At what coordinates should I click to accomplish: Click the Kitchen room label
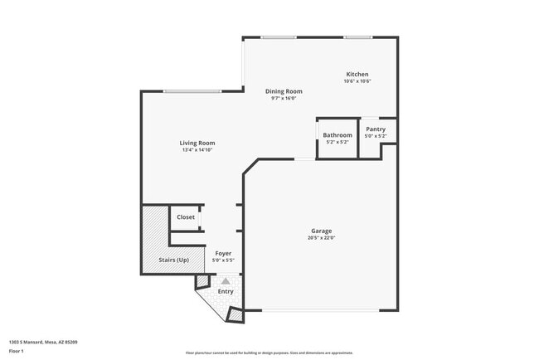357,74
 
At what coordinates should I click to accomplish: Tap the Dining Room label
284,91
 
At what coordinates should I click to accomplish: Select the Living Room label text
197,143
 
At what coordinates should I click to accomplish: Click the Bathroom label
337,135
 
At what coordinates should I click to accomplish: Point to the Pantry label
376,129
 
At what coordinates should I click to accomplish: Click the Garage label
323,231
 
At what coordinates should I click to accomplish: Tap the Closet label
186,217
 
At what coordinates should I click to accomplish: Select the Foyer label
223,253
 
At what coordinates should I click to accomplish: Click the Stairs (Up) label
172,260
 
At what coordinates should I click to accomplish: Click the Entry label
226,291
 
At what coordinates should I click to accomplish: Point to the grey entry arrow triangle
226,281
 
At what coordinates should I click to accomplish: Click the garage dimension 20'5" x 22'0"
323,238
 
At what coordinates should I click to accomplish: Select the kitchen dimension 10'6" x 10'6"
357,81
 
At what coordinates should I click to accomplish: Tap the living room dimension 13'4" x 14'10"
197,150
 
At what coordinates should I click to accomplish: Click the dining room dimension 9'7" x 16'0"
284,99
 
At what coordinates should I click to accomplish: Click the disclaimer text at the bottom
269,353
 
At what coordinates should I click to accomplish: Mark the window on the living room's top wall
192,91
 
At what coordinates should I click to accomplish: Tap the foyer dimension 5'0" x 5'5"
223,260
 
